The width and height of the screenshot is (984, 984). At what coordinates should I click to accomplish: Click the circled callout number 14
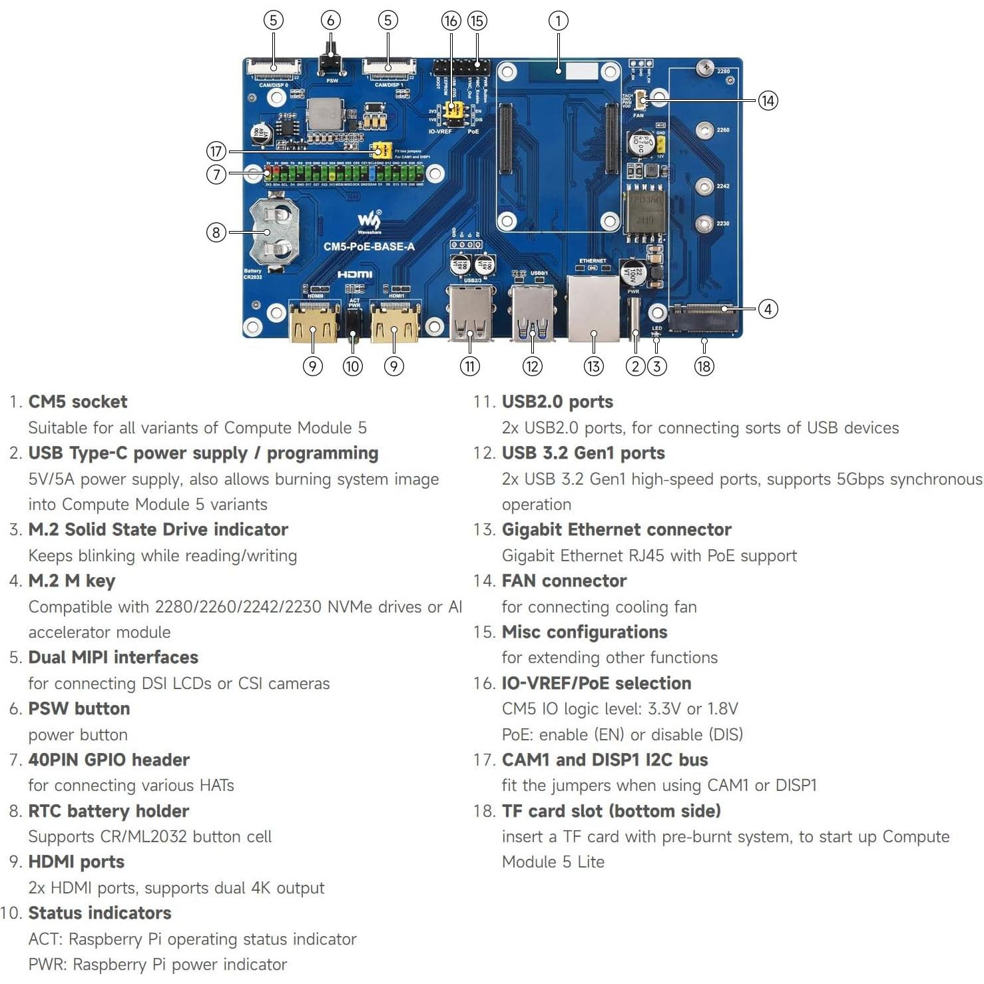pos(768,101)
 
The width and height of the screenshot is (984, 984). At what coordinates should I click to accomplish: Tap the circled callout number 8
pos(216,232)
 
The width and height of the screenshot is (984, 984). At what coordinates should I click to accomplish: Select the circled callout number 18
pos(704,366)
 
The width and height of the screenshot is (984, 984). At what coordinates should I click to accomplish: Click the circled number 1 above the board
pos(558,21)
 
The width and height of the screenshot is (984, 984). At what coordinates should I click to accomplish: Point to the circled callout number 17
pos(216,151)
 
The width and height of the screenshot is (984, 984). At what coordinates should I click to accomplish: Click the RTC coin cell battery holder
pos(273,230)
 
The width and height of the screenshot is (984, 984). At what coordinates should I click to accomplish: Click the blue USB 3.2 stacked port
pos(533,314)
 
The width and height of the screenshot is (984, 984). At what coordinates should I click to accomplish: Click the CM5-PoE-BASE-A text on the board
pos(369,246)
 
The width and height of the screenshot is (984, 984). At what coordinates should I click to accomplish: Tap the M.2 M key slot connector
pos(704,318)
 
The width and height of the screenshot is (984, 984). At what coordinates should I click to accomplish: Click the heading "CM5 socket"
pos(77,401)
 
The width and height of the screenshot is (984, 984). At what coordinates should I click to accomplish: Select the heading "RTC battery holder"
pos(109,811)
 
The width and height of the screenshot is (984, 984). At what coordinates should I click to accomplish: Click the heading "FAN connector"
pos(564,581)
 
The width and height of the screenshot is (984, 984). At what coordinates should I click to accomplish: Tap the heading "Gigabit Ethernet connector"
pos(616,529)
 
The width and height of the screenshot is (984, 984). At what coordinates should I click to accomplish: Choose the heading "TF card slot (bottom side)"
pos(611,811)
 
